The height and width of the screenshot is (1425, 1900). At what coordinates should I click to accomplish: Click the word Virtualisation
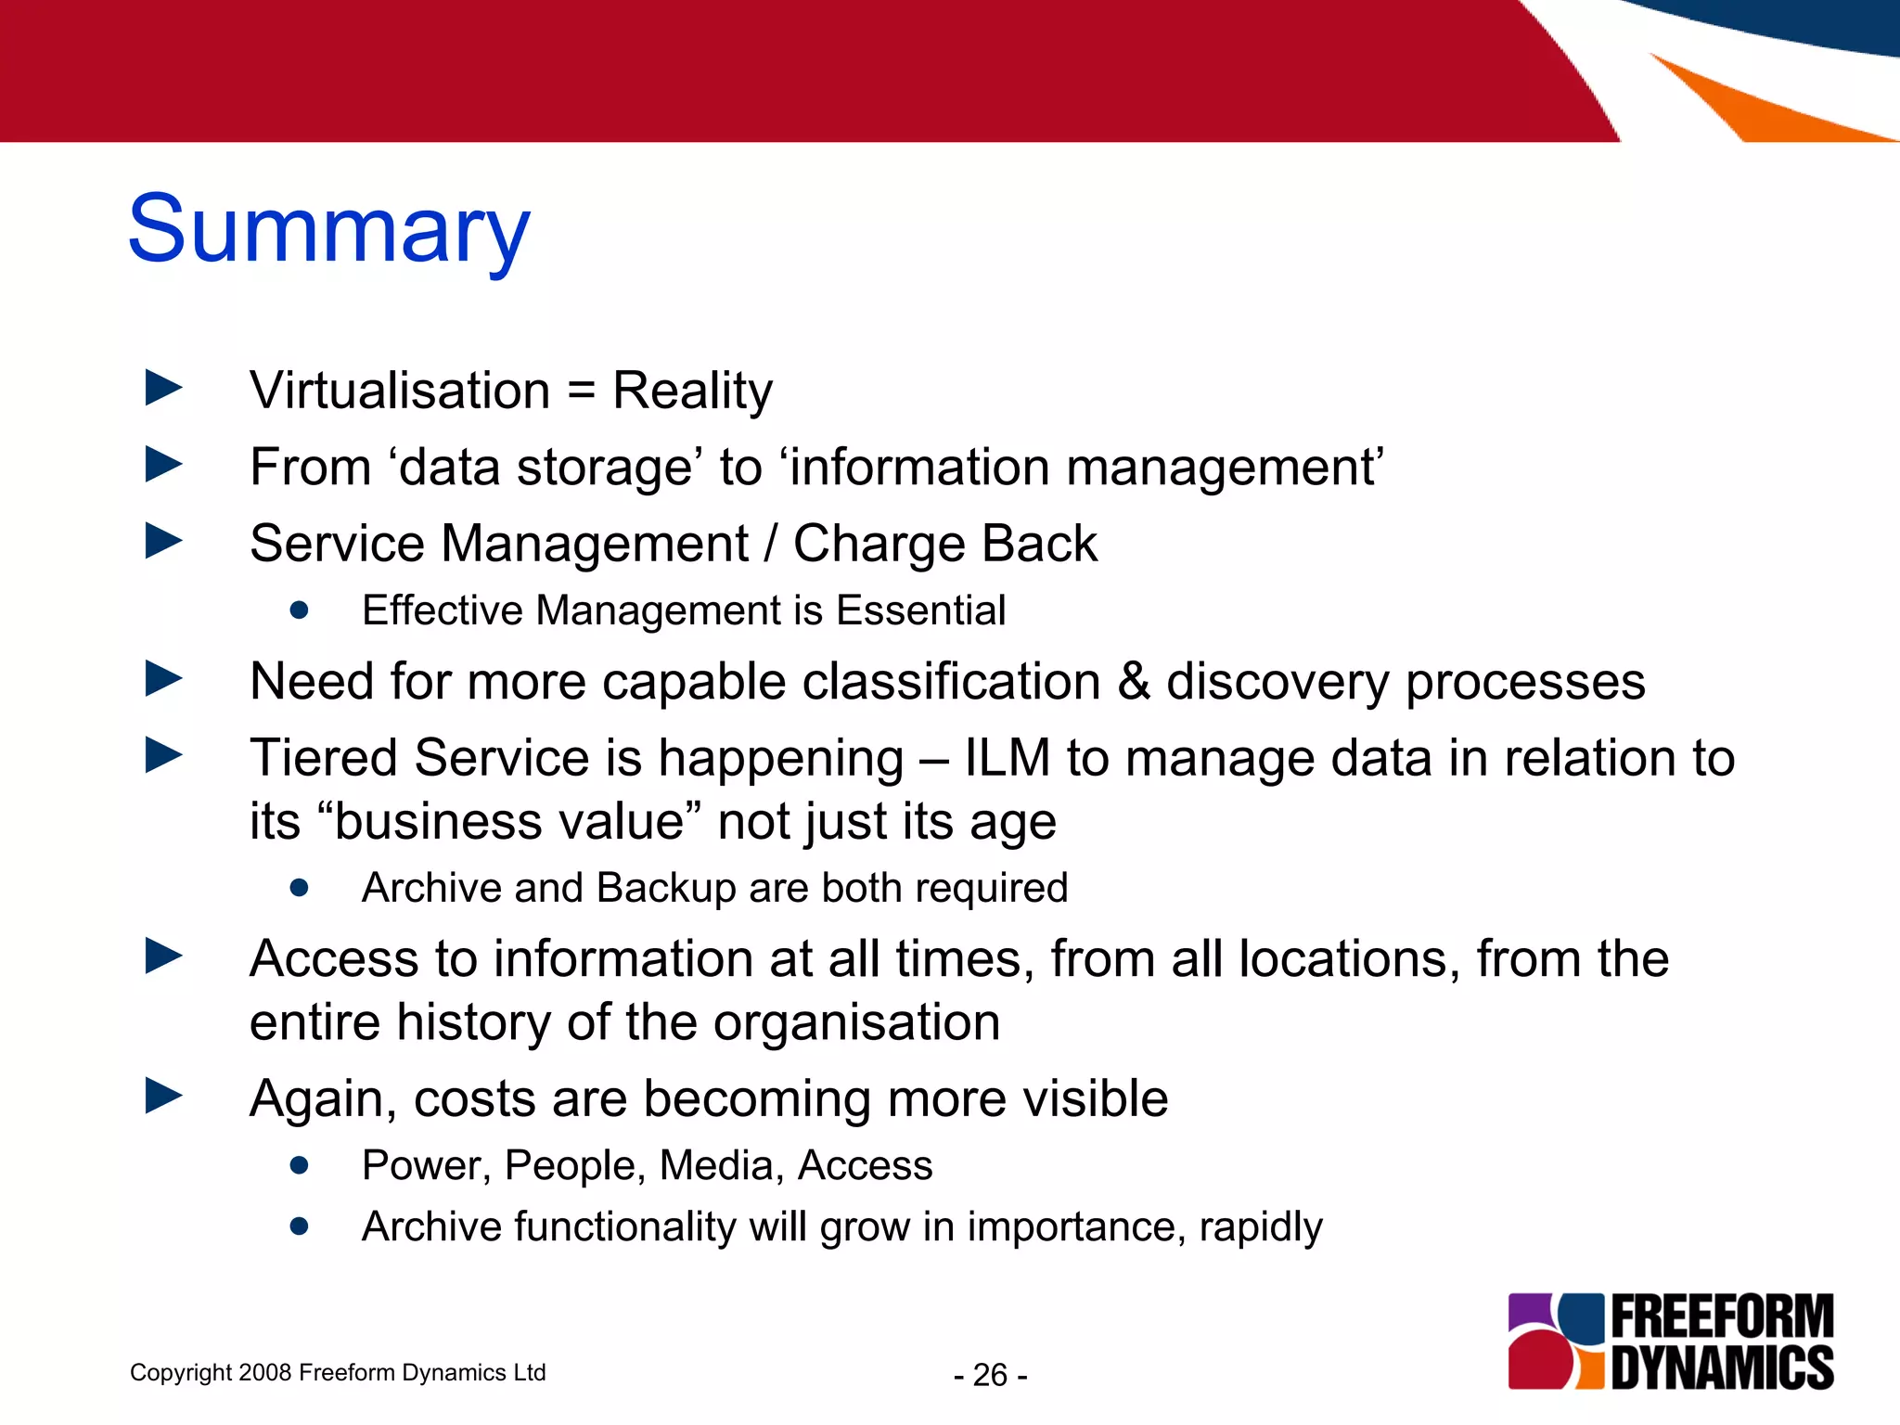click(400, 391)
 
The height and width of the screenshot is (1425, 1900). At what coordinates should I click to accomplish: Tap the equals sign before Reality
click(581, 391)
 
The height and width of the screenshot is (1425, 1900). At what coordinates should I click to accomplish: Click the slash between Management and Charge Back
click(770, 544)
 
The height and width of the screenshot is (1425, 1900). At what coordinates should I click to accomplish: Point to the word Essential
click(920, 610)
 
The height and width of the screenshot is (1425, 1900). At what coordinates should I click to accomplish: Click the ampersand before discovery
click(1133, 682)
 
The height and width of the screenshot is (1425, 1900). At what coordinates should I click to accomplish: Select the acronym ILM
click(1007, 758)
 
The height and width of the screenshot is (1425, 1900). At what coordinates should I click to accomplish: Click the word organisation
click(856, 1022)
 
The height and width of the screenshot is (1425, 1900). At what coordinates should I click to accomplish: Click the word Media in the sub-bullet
click(717, 1165)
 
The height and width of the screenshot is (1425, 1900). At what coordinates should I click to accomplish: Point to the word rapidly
click(1260, 1227)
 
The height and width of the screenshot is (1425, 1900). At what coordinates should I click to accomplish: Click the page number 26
click(990, 1375)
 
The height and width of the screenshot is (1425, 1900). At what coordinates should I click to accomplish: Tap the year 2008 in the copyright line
click(264, 1372)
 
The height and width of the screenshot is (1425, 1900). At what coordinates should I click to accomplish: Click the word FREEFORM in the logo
click(1722, 1316)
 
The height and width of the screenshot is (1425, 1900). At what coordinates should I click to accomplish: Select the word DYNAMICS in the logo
click(1722, 1367)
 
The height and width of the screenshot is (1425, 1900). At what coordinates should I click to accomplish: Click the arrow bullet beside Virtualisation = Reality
click(163, 388)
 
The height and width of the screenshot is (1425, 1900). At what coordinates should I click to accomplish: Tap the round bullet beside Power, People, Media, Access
click(299, 1165)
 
